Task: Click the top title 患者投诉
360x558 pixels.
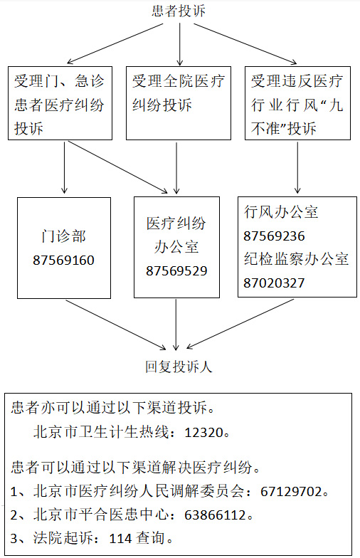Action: tap(179, 10)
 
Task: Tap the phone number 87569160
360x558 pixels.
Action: tap(64, 260)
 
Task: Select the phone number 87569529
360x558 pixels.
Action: tap(176, 270)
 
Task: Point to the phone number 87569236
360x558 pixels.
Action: tap(274, 236)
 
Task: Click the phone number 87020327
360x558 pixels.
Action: tap(274, 283)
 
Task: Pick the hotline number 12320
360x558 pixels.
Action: tap(203, 433)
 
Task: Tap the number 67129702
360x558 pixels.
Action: tap(292, 491)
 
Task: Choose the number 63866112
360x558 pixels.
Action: tap(215, 515)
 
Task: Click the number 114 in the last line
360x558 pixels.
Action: tap(120, 538)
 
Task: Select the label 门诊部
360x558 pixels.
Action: tap(64, 236)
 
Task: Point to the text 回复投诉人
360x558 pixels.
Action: tap(179, 367)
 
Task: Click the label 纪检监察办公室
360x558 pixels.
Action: tap(296, 259)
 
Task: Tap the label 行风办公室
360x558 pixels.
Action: tap(281, 212)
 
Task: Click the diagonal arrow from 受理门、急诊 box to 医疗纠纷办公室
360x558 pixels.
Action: tap(118, 167)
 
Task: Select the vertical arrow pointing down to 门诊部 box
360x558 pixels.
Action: tap(64, 167)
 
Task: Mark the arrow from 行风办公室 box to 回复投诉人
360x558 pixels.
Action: tap(240, 323)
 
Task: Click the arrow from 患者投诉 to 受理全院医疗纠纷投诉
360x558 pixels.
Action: tap(179, 44)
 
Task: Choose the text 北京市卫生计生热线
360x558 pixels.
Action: tap(101, 433)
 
